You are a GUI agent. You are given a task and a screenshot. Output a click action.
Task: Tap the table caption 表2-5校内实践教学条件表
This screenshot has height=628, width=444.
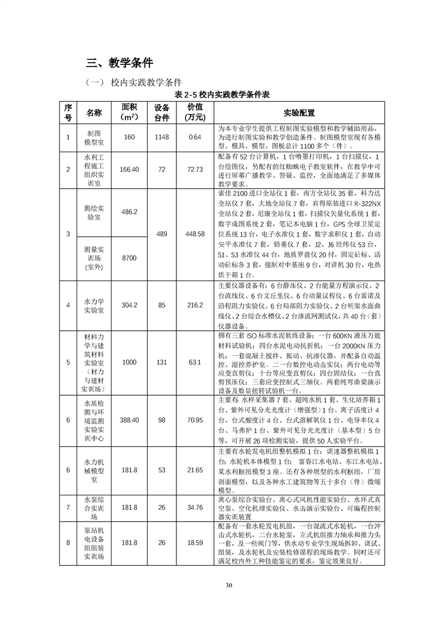(x=222, y=95)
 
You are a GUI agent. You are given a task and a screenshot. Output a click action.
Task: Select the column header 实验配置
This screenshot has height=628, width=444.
(x=299, y=113)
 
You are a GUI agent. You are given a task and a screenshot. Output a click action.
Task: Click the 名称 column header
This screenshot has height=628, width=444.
(x=94, y=113)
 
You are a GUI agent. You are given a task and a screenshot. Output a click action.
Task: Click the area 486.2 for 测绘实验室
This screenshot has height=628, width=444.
(x=129, y=212)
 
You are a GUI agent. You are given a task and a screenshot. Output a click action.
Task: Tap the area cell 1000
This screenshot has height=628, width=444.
(x=129, y=362)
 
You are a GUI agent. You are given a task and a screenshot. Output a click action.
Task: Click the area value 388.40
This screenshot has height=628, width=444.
(x=129, y=420)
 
